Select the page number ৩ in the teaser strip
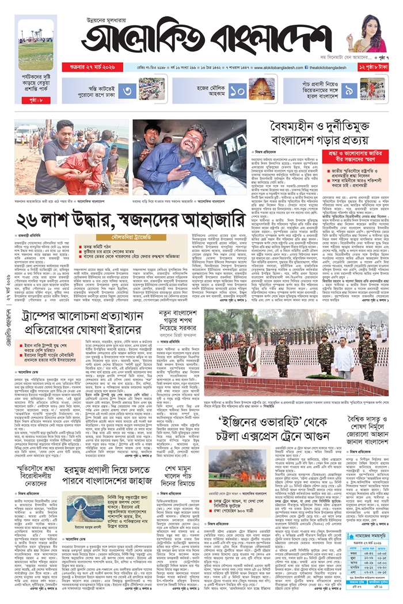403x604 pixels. pos(129,90)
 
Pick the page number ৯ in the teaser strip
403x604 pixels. pos(349,90)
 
